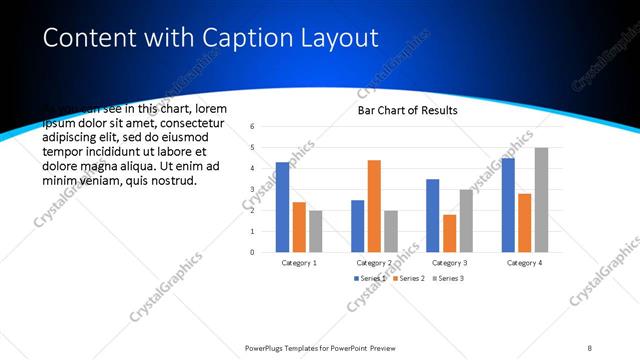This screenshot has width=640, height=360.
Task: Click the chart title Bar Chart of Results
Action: tap(407, 110)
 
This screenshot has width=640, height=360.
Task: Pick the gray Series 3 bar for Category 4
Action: tap(541, 200)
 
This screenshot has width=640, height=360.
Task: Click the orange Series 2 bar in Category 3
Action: tap(449, 233)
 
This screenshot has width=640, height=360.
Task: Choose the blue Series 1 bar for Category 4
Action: tap(508, 205)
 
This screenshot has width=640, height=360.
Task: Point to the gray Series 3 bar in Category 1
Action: tap(316, 231)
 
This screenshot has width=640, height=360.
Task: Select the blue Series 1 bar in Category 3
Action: tap(433, 215)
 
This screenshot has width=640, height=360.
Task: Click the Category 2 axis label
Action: tap(375, 262)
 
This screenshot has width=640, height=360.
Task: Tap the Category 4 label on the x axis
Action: tap(524, 262)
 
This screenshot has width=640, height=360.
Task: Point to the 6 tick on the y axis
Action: tap(253, 127)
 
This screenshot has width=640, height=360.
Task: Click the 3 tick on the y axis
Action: tap(253, 190)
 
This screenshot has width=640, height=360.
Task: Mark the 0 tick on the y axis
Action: tap(253, 252)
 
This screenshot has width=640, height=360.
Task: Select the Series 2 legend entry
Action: tap(409, 278)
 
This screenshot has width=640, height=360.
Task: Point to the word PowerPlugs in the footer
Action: tap(269, 348)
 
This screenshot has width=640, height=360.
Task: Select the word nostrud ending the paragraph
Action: tap(171, 180)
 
